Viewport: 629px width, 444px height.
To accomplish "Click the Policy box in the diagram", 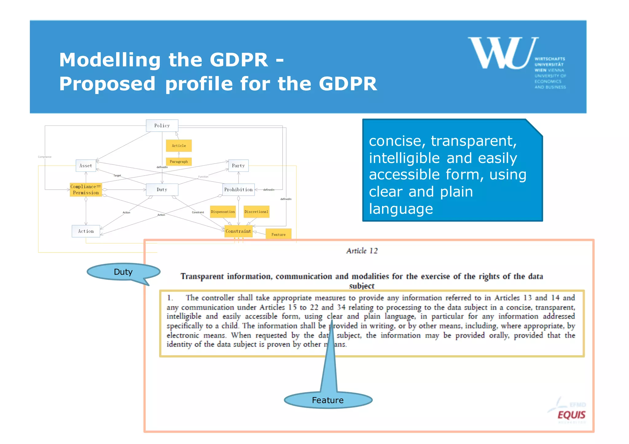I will pyautogui.click(x=162, y=125).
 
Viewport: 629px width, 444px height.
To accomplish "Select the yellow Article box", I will pyautogui.click(x=179, y=146).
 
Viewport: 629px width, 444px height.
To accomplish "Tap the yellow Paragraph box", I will pyautogui.click(x=179, y=162).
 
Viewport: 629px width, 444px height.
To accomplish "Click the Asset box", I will pyautogui.click(x=86, y=166).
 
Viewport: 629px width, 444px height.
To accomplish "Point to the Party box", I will pyautogui.click(x=238, y=166).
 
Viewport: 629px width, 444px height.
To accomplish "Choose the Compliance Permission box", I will pyautogui.click(x=86, y=190).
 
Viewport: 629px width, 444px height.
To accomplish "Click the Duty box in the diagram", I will pyautogui.click(x=162, y=190).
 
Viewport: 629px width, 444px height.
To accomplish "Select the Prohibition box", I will pyautogui.click(x=238, y=190).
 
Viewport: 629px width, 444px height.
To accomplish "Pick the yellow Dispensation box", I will pyautogui.click(x=223, y=212).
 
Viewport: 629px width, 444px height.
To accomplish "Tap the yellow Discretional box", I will pyautogui.click(x=256, y=212).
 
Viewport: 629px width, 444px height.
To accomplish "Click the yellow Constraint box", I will pyautogui.click(x=238, y=231).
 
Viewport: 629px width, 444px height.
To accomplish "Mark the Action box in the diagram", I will pyautogui.click(x=86, y=231).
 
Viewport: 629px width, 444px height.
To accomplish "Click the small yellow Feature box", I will pyautogui.click(x=278, y=234).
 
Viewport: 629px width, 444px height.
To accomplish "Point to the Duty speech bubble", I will pyautogui.click(x=123, y=272).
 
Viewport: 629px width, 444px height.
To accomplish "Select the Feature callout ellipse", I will pyautogui.click(x=328, y=400).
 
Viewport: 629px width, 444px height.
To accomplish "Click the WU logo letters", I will pyautogui.click(x=502, y=53).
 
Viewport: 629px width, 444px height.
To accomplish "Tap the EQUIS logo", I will pyautogui.click(x=571, y=415).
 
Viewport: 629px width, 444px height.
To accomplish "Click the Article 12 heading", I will pyautogui.click(x=362, y=251).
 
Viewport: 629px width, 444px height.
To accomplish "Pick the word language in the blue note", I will pyautogui.click(x=401, y=209).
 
